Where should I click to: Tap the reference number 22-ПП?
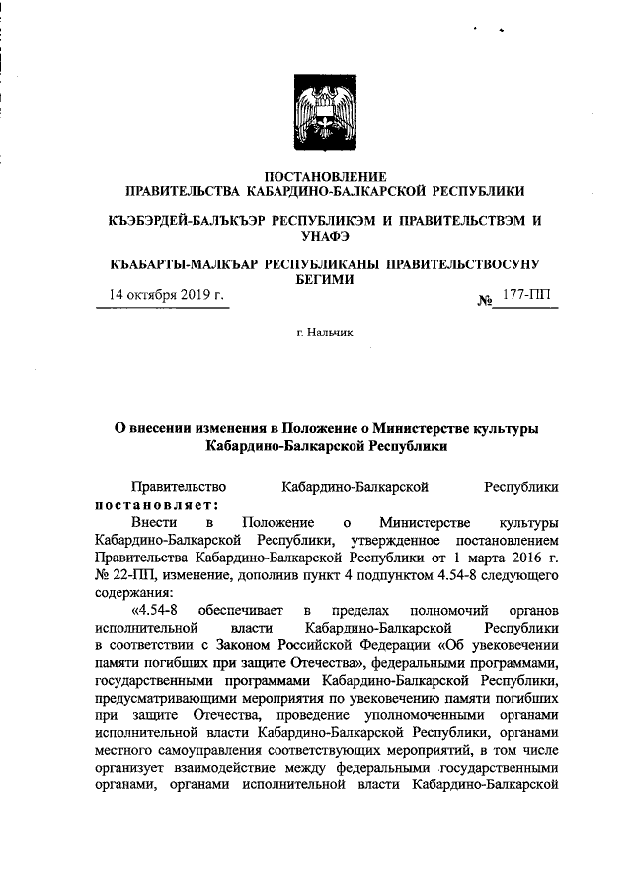click(123, 575)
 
